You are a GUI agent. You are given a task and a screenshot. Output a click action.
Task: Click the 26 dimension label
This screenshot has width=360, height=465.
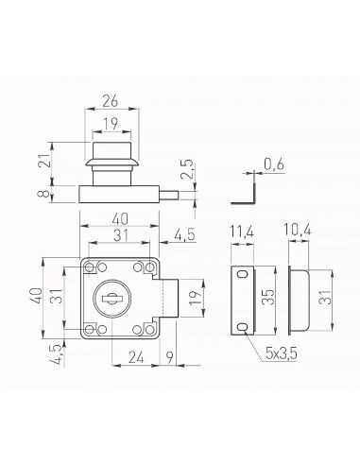coord(111,101)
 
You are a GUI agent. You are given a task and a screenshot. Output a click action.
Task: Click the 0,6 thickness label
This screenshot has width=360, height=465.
coord(274,164)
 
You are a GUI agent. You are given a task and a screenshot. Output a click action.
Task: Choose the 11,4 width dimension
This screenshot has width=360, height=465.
coord(242,232)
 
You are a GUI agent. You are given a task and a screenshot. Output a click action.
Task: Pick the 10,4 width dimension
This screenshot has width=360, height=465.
coord(298,230)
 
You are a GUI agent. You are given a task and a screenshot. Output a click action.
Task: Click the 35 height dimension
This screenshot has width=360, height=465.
coord(267,297)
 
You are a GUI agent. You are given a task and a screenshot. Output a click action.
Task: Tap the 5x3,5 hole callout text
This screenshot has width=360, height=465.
coord(281,353)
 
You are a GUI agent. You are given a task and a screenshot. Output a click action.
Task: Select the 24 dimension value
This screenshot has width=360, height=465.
coord(136,357)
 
